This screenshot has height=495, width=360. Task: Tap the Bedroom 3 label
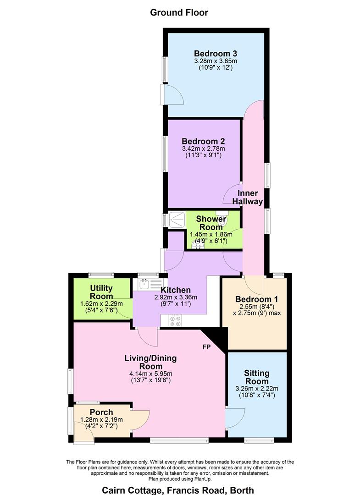coord(212,53)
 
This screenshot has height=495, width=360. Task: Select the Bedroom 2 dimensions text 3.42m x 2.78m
coord(203,148)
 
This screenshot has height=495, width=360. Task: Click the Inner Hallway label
coord(247,197)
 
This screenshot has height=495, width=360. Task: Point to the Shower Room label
coord(211,223)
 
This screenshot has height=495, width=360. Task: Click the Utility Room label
coord(101,292)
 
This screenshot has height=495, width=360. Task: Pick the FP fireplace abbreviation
coord(206,347)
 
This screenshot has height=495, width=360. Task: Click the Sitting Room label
coord(257,377)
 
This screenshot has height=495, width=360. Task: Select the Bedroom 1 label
coord(256,299)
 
